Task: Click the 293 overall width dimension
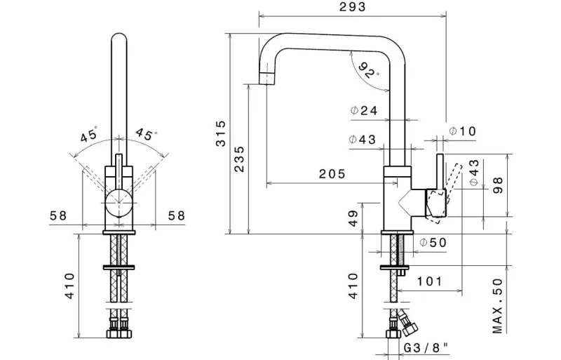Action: (x=353, y=7)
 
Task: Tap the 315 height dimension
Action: (x=221, y=133)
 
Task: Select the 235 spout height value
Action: (x=239, y=159)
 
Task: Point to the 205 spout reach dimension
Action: (x=332, y=174)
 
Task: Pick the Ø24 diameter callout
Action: (x=364, y=111)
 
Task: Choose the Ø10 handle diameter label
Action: (x=463, y=131)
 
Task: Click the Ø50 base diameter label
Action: (x=433, y=243)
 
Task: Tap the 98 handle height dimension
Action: (x=498, y=185)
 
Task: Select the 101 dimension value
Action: (x=430, y=281)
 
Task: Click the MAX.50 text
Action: (x=498, y=306)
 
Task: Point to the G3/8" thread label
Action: (x=426, y=347)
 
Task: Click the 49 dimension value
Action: (x=353, y=218)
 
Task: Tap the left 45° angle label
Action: (x=89, y=135)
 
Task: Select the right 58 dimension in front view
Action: (x=177, y=215)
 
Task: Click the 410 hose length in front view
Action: (x=70, y=286)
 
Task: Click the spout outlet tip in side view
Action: (x=266, y=78)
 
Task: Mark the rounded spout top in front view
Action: (x=119, y=37)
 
